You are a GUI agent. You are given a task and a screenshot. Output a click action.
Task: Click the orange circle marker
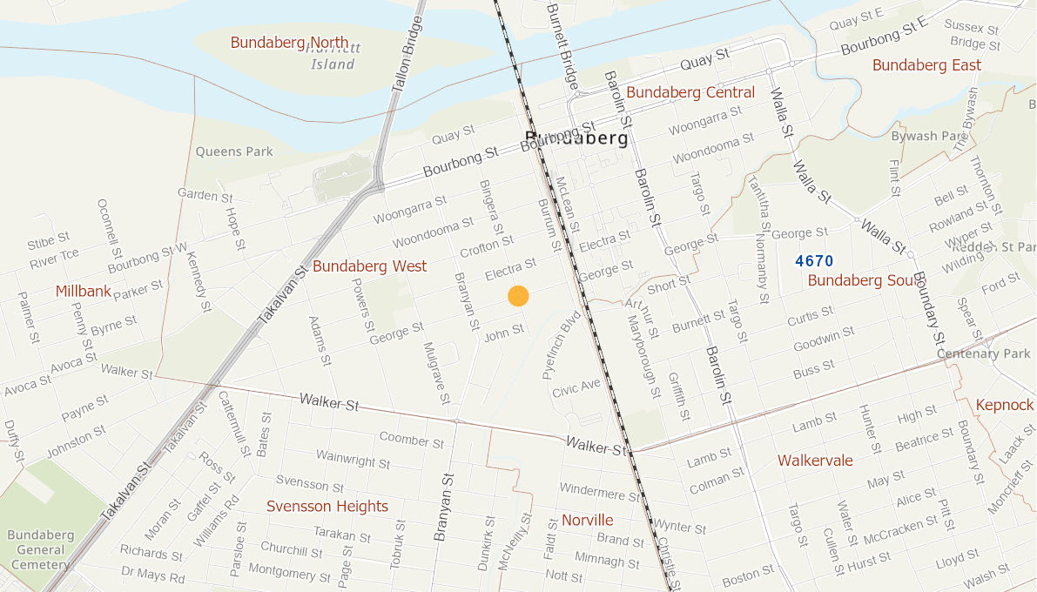pyautogui.click(x=518, y=296)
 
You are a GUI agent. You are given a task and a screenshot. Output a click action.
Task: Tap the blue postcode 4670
pyautogui.click(x=814, y=261)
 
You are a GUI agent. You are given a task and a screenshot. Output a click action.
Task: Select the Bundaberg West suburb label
pyautogui.click(x=370, y=266)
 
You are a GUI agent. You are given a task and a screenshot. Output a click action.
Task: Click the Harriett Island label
pyautogui.click(x=333, y=57)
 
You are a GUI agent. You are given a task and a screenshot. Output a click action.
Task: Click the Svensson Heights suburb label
pyautogui.click(x=327, y=507)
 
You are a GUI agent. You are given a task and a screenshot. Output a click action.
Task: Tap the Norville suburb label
pyautogui.click(x=587, y=521)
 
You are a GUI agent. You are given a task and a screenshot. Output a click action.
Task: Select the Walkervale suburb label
pyautogui.click(x=815, y=461)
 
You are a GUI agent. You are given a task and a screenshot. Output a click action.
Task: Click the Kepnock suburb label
pyautogui.click(x=1004, y=406)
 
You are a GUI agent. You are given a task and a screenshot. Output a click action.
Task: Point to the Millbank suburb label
pyautogui.click(x=84, y=291)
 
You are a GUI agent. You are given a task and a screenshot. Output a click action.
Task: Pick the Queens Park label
pyautogui.click(x=234, y=151)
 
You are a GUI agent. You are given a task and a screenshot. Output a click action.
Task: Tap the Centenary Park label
pyautogui.click(x=983, y=353)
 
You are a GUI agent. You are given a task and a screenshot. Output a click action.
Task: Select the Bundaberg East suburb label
pyautogui.click(x=926, y=65)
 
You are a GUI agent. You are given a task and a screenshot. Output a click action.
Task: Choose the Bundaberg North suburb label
pyautogui.click(x=289, y=43)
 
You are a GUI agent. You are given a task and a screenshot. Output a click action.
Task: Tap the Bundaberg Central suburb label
pyautogui.click(x=690, y=92)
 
